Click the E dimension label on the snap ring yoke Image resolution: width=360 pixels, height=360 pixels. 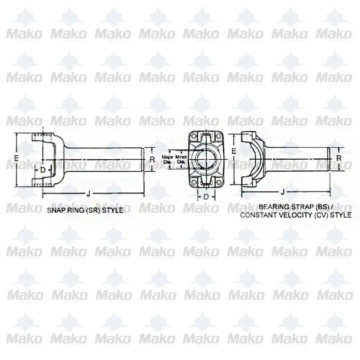click(x=16, y=159)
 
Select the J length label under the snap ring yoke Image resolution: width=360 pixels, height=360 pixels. click(x=88, y=193)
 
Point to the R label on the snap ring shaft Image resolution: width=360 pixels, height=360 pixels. click(x=152, y=159)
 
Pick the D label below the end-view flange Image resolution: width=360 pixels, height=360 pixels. click(x=206, y=196)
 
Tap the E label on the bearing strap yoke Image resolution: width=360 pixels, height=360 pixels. click(x=233, y=151)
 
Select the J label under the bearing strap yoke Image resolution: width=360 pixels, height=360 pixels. click(x=282, y=192)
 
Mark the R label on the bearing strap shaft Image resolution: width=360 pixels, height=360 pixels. click(x=339, y=159)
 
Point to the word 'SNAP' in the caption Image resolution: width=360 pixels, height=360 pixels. click(x=55, y=210)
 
